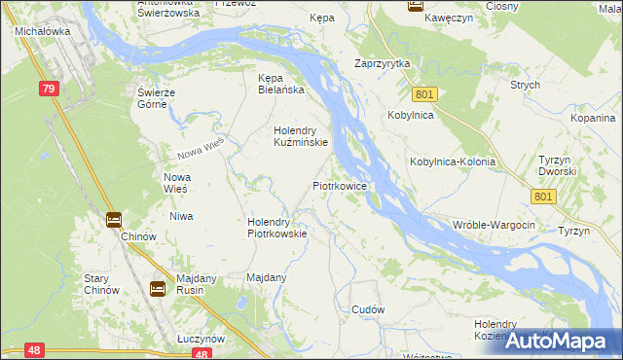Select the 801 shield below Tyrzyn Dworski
click(x=544, y=197)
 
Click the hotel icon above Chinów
click(x=114, y=219)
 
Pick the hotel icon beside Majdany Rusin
click(x=158, y=288)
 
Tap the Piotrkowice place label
click(x=339, y=185)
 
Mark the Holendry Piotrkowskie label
click(x=277, y=227)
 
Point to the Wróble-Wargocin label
click(x=494, y=225)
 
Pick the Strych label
click(x=525, y=85)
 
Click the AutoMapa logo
click(x=560, y=340)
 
